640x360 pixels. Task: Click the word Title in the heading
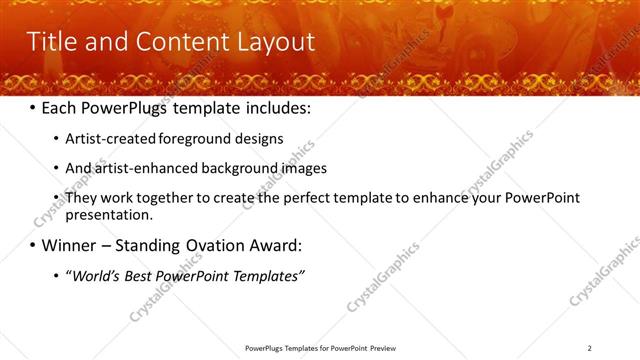coord(49,42)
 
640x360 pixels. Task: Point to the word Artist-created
coord(106,139)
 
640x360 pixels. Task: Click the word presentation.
coord(110,214)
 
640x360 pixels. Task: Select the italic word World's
coord(93,275)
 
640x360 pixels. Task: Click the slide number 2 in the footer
coord(590,348)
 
